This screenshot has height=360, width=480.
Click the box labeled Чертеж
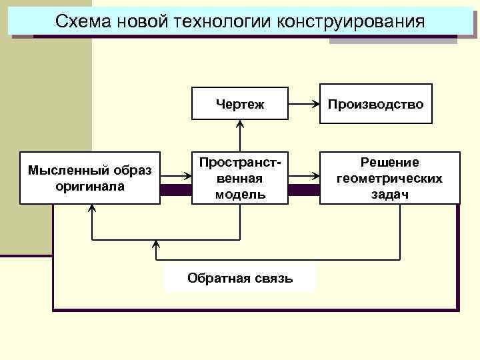[240, 103]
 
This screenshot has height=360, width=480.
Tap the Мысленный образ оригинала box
[90, 178]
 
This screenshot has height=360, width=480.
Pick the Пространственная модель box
[240, 178]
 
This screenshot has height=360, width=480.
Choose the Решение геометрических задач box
[389, 178]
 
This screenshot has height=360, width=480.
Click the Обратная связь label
[240, 277]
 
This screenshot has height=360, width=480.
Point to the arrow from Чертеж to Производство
[304, 103]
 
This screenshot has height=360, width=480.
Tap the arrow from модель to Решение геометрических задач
[304, 177]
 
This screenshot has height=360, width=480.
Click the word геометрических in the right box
[389, 178]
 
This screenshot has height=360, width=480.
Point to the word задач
[389, 193]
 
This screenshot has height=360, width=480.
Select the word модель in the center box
[240, 194]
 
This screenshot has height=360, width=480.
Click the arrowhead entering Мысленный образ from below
[92, 208]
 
